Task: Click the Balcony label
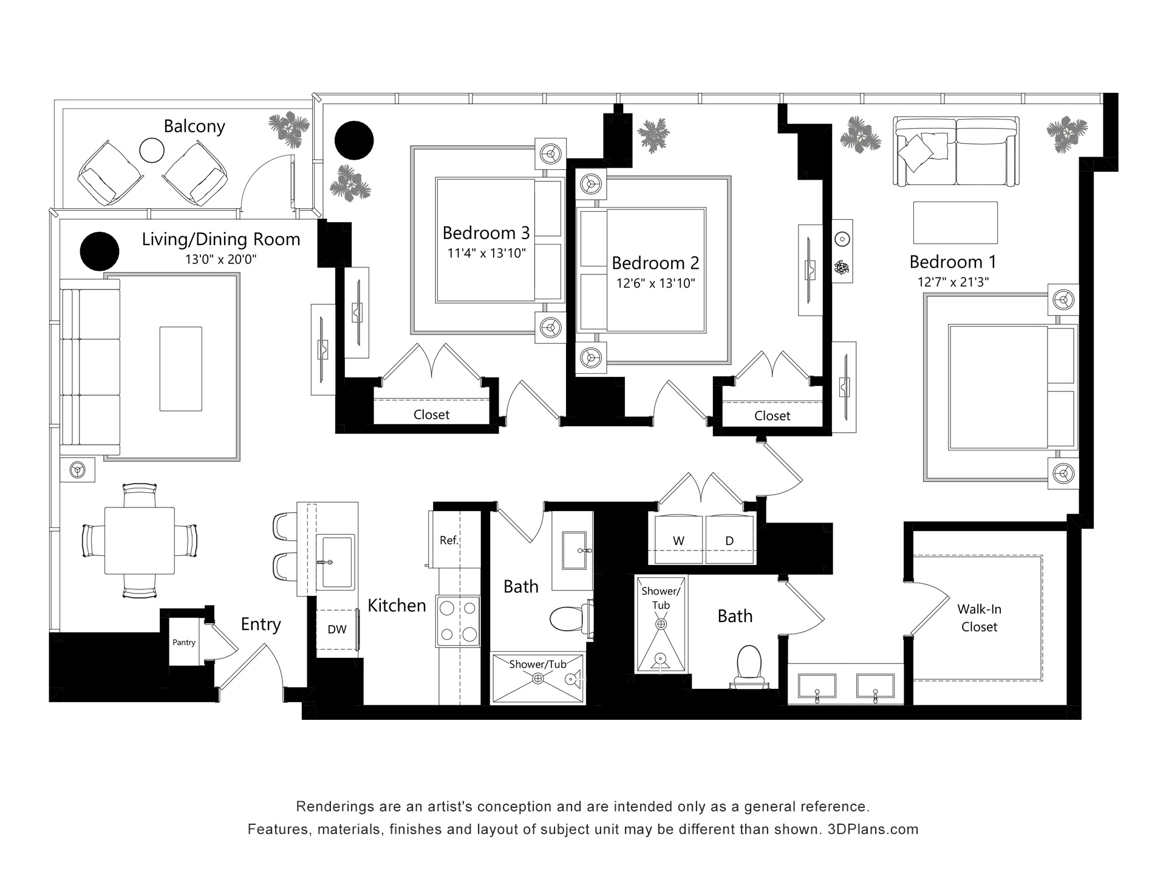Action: [194, 126]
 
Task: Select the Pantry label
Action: [184, 642]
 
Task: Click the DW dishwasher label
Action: [337, 629]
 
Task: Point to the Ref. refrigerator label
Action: [449, 540]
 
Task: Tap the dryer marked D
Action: [731, 539]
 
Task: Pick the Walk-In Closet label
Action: [979, 618]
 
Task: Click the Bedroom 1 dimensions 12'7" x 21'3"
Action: [953, 282]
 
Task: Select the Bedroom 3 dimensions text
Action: [486, 253]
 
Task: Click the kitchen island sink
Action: [335, 561]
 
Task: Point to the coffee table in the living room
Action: [181, 368]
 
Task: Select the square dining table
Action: [140, 541]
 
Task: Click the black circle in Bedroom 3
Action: [354, 140]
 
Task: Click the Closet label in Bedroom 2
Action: [772, 416]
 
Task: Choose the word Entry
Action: [261, 625]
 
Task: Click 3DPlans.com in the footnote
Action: [873, 829]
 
